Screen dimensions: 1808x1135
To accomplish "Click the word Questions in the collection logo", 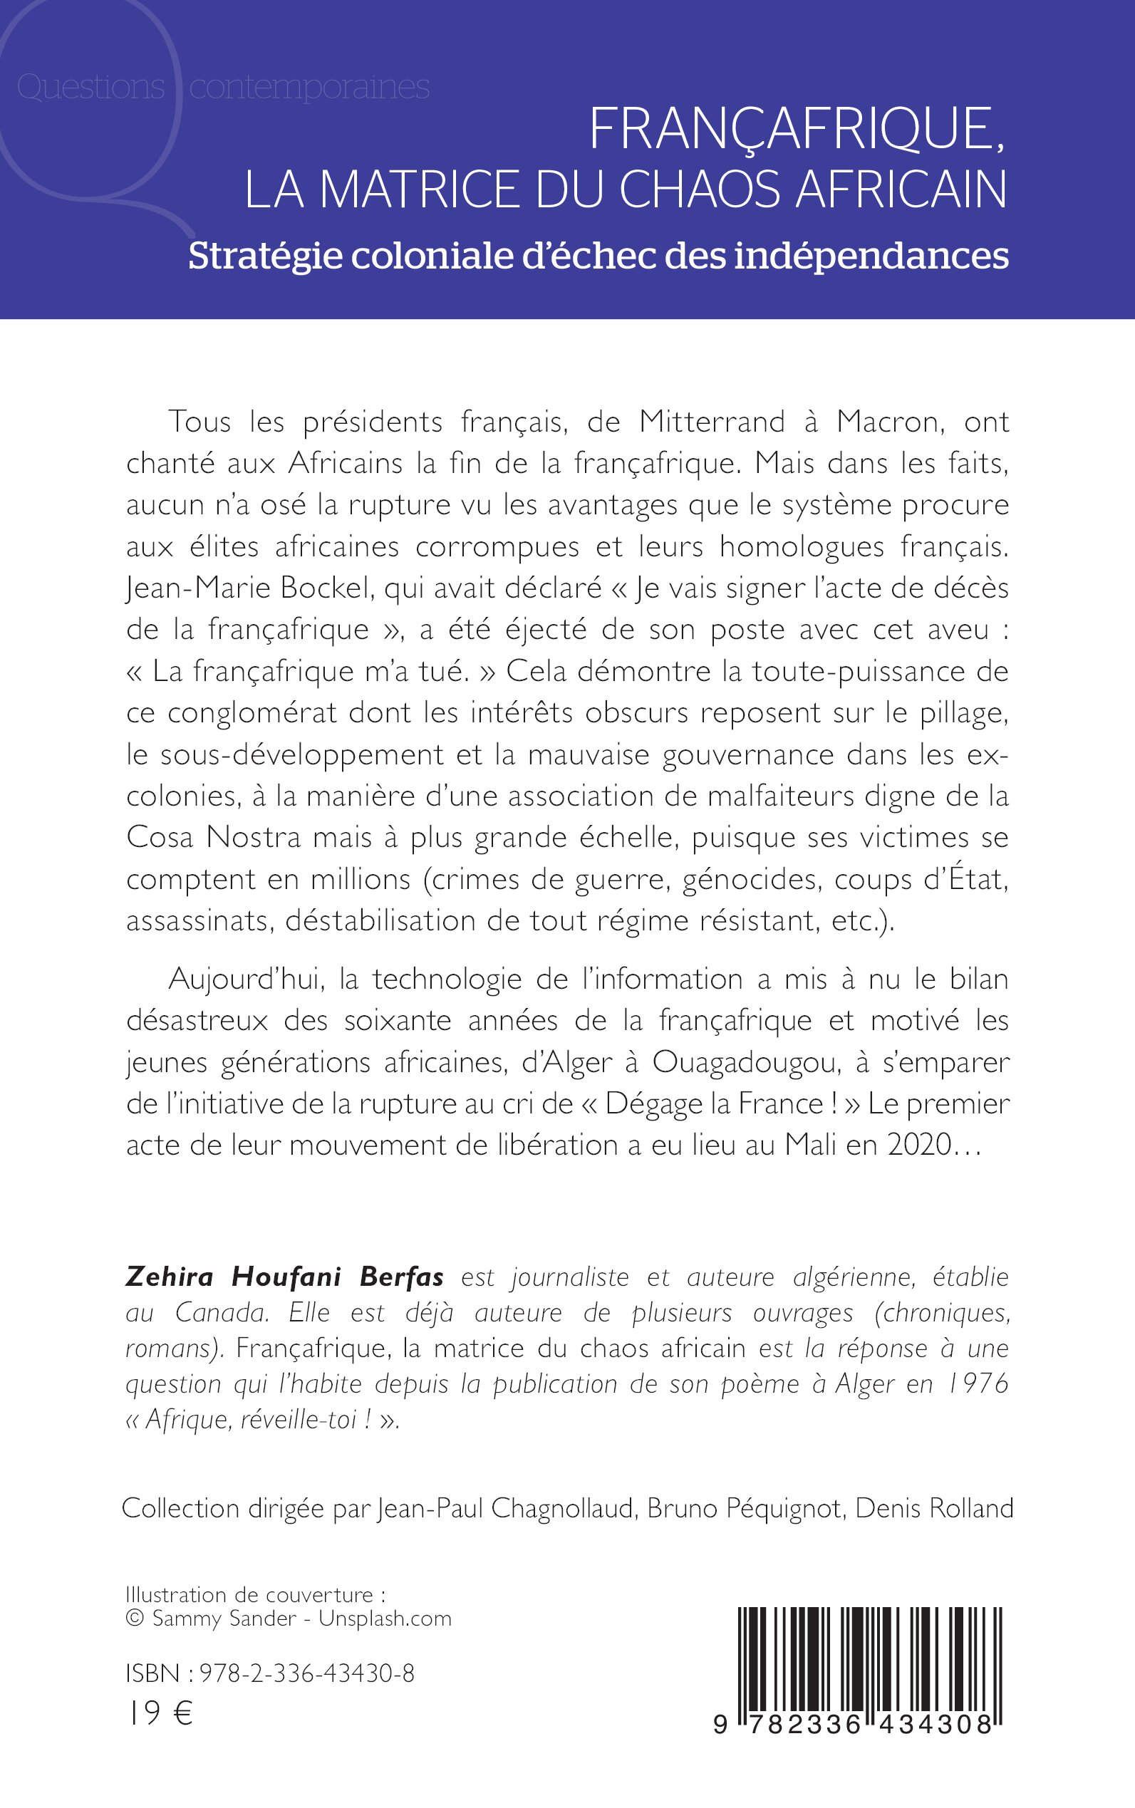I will point(90,87).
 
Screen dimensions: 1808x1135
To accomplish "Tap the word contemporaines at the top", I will point(309,88).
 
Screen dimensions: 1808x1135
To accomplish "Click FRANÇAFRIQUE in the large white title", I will point(797,129).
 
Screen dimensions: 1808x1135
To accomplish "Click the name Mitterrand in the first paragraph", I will point(711,422).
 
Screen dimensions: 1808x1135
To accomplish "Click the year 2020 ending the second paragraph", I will point(920,1145).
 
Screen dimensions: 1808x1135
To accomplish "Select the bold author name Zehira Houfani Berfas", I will point(284,1277).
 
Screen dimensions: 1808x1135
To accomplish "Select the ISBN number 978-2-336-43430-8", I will point(307,1673).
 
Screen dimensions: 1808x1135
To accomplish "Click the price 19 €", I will point(159,1713).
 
